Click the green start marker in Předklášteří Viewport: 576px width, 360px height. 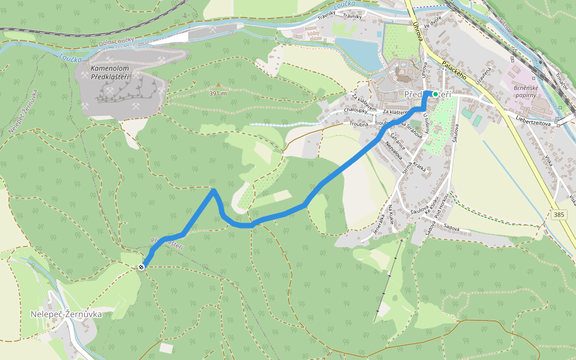point(436,94)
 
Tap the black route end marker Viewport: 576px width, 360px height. point(140,267)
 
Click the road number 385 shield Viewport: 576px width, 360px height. point(559,214)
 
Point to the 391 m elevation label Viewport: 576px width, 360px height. point(218,94)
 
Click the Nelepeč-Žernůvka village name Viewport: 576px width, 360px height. point(66,314)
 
